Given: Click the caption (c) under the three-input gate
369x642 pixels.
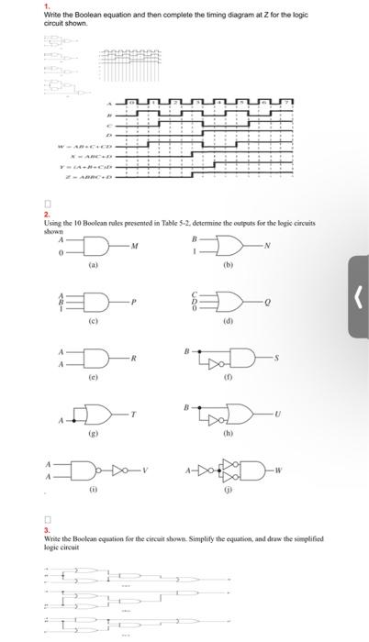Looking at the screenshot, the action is pos(92,323).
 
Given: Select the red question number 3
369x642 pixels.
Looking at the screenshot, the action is pos(46,529).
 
